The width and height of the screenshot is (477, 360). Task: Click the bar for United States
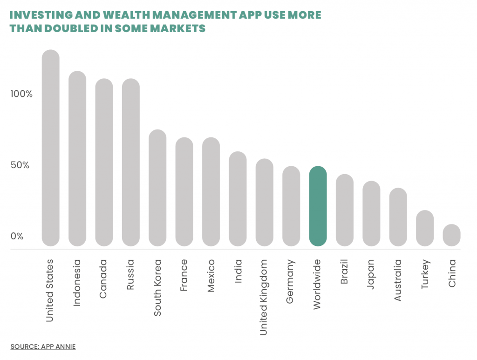click(x=50, y=148)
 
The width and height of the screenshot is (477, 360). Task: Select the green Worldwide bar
click(x=318, y=206)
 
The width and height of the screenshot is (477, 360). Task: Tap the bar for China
click(x=451, y=235)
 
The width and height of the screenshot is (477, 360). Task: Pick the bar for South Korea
click(x=157, y=188)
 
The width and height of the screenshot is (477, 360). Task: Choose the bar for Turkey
click(x=425, y=228)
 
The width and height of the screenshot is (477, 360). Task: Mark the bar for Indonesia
click(x=77, y=158)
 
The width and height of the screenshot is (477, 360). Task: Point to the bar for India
click(x=238, y=198)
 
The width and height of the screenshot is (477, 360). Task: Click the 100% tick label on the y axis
click(x=21, y=94)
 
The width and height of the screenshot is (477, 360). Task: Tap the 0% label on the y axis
click(x=17, y=236)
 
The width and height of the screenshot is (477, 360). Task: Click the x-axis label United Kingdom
click(x=264, y=297)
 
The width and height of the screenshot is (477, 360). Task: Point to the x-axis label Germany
click(x=290, y=282)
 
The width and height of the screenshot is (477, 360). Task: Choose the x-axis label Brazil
click(x=344, y=275)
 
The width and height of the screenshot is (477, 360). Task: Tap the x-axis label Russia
click(x=130, y=275)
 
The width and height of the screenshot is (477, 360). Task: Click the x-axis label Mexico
click(x=211, y=276)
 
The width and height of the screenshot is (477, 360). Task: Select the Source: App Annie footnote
click(x=43, y=346)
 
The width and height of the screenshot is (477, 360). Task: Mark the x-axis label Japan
click(x=371, y=275)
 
